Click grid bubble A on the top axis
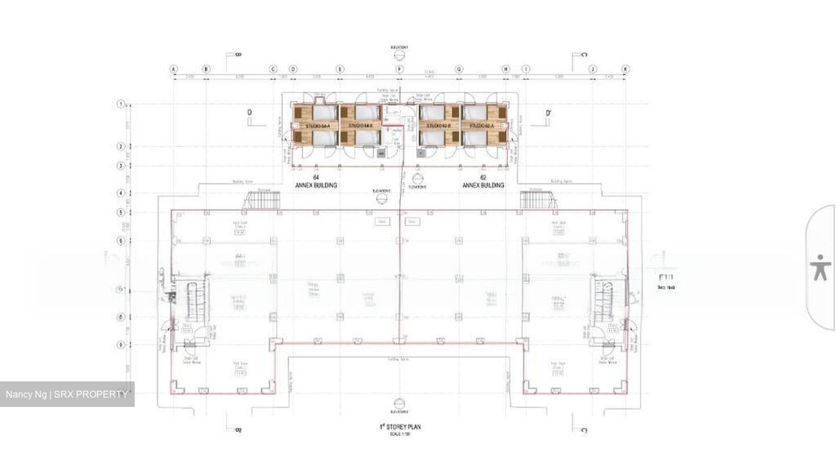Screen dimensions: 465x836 (174, 69)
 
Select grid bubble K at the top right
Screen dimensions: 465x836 (625, 69)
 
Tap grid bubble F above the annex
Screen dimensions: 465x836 (399, 69)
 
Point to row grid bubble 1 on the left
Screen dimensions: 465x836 (121, 104)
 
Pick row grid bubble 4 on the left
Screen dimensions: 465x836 (121, 193)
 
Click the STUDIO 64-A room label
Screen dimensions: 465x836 (318, 125)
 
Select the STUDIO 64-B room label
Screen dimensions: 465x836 (359, 125)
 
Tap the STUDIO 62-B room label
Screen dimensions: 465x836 (439, 125)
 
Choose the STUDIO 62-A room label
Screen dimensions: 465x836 (481, 125)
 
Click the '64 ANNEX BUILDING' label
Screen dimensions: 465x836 (316, 181)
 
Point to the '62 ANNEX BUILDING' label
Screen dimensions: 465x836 (483, 181)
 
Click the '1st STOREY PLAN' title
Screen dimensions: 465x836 (399, 427)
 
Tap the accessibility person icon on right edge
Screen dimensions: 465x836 (820, 268)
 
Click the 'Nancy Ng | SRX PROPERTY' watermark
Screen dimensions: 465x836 (67, 394)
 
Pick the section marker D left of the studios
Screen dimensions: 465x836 (250, 116)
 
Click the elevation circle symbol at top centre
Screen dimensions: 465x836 (399, 56)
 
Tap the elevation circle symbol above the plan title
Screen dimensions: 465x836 (399, 403)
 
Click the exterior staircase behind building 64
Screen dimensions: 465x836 (261, 200)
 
